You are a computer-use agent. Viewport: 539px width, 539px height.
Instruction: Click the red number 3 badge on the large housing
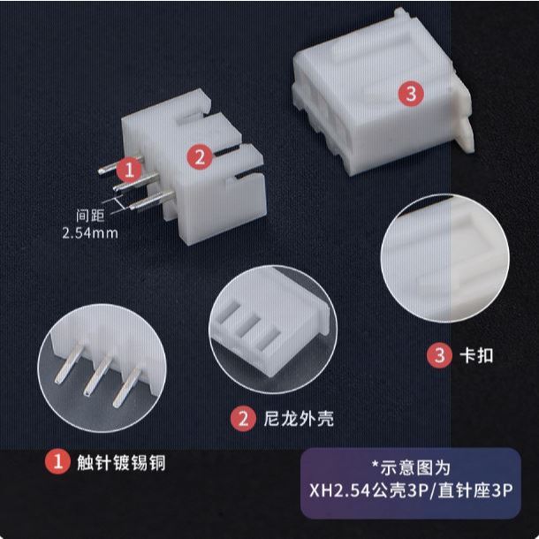[411, 93]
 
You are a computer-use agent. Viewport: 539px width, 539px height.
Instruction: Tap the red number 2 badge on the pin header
[200, 157]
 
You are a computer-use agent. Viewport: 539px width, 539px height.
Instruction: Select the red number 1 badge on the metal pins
[129, 170]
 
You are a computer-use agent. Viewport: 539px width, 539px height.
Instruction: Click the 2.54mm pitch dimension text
[90, 233]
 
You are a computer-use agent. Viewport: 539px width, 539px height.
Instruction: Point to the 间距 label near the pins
[90, 216]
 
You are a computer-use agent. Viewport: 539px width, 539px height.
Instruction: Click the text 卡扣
[476, 355]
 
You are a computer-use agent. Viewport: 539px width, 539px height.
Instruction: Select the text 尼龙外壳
[299, 418]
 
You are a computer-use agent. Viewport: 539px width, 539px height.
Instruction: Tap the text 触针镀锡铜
[121, 462]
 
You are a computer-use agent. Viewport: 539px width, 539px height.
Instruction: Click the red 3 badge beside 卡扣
[439, 355]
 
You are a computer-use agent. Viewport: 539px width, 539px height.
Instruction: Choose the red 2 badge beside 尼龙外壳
[243, 419]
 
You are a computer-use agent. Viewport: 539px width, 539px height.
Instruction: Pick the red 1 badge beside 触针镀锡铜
[57, 461]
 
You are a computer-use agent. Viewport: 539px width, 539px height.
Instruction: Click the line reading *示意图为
[411, 467]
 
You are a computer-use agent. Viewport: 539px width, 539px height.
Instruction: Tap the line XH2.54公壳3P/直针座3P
[411, 490]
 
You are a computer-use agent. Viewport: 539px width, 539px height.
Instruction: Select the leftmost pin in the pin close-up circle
[68, 364]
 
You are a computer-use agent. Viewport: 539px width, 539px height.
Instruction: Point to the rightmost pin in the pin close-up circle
[126, 388]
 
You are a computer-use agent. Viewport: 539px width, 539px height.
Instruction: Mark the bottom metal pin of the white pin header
[152, 201]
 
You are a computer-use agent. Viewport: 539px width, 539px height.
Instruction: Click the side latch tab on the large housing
[465, 129]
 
